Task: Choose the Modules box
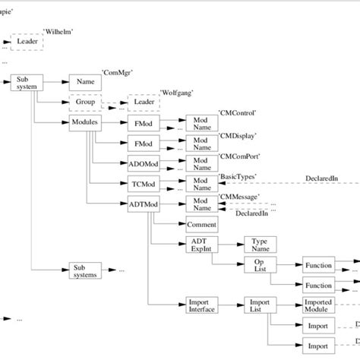click(x=85, y=122)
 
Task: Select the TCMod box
click(x=142, y=183)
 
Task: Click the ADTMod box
click(x=142, y=204)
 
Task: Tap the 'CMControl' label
click(x=237, y=112)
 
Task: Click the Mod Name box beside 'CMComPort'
click(x=201, y=163)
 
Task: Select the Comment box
click(x=201, y=224)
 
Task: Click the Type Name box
click(x=260, y=245)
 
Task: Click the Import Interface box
click(x=201, y=306)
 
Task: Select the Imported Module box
click(x=318, y=306)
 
